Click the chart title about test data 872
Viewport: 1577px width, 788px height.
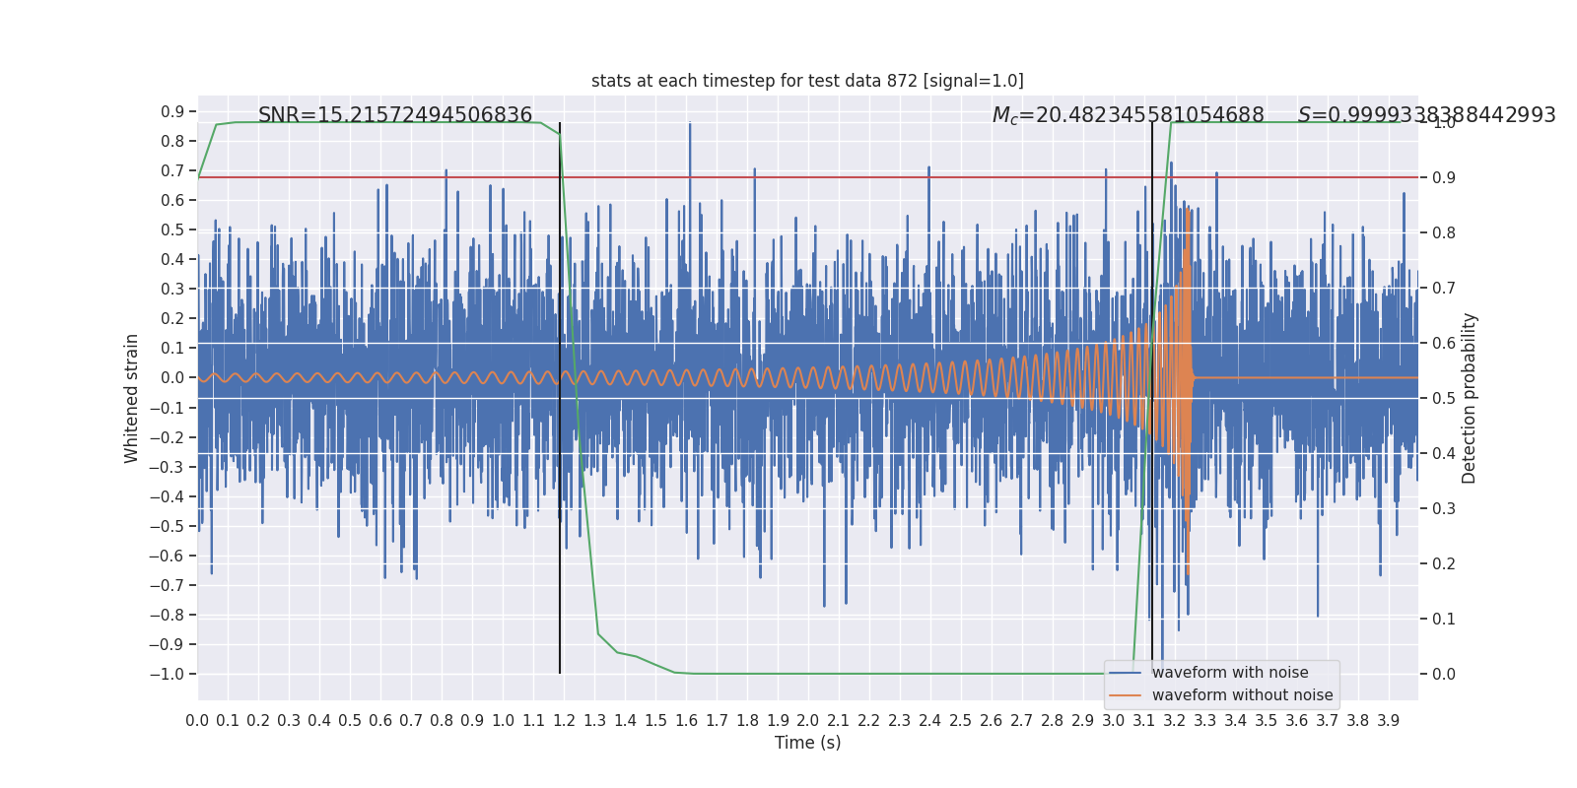click(x=807, y=81)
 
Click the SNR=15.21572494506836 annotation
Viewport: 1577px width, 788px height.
click(x=395, y=115)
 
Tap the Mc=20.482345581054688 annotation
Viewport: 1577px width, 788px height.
click(x=1128, y=115)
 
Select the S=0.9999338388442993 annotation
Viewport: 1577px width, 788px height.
click(x=1426, y=115)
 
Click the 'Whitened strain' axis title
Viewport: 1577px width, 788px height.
click(x=132, y=398)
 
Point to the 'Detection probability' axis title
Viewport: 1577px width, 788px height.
click(x=1470, y=398)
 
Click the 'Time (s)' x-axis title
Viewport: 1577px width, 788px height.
click(x=807, y=743)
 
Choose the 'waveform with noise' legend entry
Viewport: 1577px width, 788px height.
click(x=1230, y=673)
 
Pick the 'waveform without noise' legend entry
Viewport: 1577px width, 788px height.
click(x=1242, y=695)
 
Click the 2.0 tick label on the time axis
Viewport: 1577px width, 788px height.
click(x=808, y=721)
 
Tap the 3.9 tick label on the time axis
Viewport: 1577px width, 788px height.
click(x=1388, y=721)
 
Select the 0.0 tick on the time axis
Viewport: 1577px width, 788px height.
click(x=197, y=721)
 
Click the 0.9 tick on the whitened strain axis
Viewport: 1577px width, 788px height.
click(x=172, y=111)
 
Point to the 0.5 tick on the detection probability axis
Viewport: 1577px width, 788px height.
click(x=1444, y=398)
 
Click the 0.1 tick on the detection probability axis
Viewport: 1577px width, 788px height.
click(x=1444, y=619)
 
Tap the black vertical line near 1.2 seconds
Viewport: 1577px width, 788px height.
click(x=560, y=394)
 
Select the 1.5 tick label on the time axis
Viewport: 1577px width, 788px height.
click(x=655, y=721)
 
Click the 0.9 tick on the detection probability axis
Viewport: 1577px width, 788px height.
click(x=1444, y=177)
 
